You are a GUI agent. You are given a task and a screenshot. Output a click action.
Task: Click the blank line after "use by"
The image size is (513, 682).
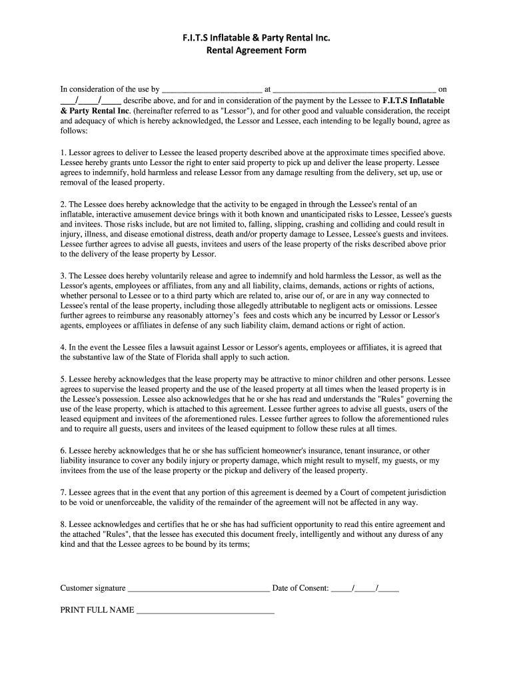[x=212, y=89]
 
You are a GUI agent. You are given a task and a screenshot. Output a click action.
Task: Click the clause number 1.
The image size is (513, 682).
[x=63, y=153]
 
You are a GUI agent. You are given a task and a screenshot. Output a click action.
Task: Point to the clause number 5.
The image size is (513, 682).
[x=63, y=379]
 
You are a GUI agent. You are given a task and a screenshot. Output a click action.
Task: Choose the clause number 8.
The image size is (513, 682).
[x=63, y=524]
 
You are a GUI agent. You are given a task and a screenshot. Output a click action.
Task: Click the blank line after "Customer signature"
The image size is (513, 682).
[x=199, y=589]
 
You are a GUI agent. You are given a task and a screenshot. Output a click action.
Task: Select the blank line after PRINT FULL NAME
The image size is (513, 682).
[x=205, y=610]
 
